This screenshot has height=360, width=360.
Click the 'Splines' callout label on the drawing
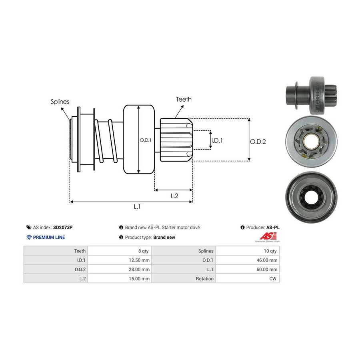click(60, 102)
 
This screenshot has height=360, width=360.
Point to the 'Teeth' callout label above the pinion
click(184, 99)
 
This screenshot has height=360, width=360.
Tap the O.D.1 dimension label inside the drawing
click(144, 140)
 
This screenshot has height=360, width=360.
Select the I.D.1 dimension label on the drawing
click(216, 140)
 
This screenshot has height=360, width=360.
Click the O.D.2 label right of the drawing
click(258, 141)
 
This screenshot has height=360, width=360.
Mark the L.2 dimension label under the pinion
click(174, 196)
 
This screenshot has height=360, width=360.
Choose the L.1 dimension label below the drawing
click(137, 206)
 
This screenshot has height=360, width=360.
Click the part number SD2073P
click(63, 227)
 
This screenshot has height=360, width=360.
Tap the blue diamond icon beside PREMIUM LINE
click(29, 237)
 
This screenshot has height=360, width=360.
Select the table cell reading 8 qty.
click(143, 251)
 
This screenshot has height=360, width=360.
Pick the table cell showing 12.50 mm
click(139, 260)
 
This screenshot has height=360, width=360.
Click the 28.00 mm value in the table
click(139, 269)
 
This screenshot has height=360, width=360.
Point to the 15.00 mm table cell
click(139, 278)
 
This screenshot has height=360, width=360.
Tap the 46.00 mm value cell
click(267, 260)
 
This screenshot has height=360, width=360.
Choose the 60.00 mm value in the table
click(267, 269)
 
